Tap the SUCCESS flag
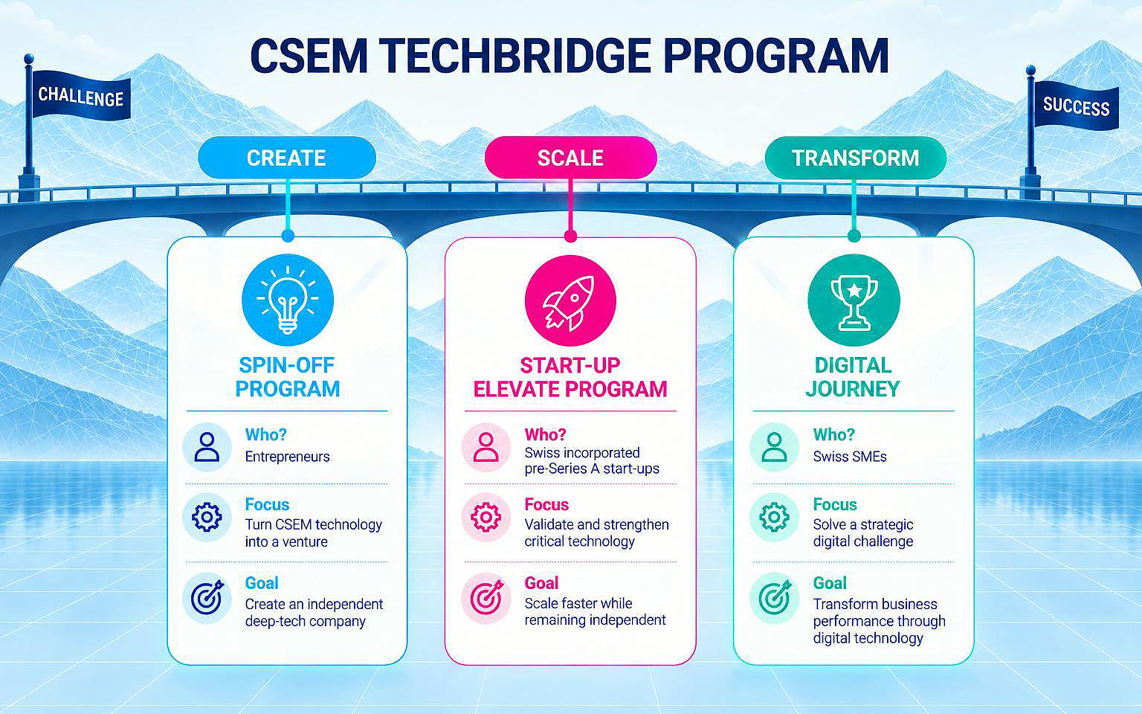(1077, 106)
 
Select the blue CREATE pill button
(287, 158)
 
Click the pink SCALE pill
(570, 158)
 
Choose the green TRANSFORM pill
(856, 158)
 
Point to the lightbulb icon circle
(288, 300)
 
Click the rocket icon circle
(570, 300)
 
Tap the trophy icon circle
(854, 300)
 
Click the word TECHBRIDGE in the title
(515, 56)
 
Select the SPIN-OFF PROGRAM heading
(288, 377)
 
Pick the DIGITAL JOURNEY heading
(853, 377)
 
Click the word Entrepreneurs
(288, 457)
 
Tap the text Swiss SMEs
(850, 457)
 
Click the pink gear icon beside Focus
(486, 517)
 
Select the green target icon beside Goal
(775, 597)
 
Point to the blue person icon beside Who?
(207, 447)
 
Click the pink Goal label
(541, 583)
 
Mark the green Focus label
(835, 504)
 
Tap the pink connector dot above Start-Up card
(570, 236)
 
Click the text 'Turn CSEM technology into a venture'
(314, 533)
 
